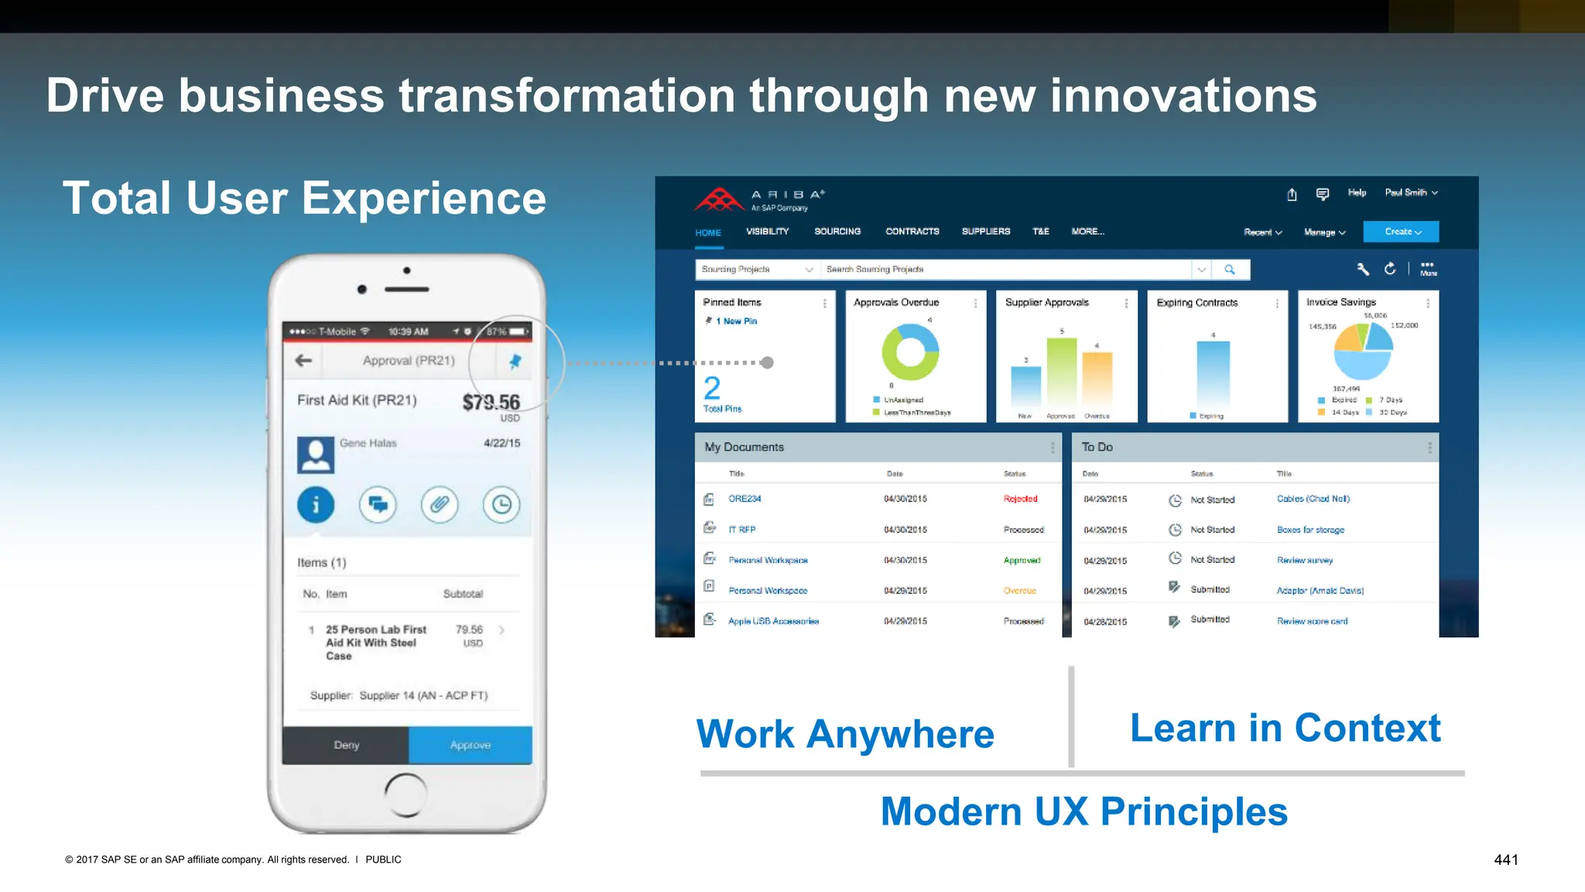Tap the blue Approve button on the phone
(x=470, y=745)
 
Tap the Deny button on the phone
(x=346, y=745)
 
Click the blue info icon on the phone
(x=316, y=505)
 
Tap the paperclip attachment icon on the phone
(x=440, y=505)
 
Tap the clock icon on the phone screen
(x=502, y=505)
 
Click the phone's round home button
(x=406, y=794)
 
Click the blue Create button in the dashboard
(x=1401, y=232)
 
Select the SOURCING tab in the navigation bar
(x=837, y=232)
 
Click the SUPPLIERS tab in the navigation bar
(x=986, y=232)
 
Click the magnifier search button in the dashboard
(x=1230, y=269)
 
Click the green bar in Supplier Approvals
(x=1062, y=375)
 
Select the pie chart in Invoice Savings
(x=1362, y=351)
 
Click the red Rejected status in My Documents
(x=1020, y=499)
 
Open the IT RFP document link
(x=741, y=530)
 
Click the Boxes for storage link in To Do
(x=1310, y=530)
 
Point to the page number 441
(x=1506, y=859)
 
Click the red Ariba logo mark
(x=719, y=200)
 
